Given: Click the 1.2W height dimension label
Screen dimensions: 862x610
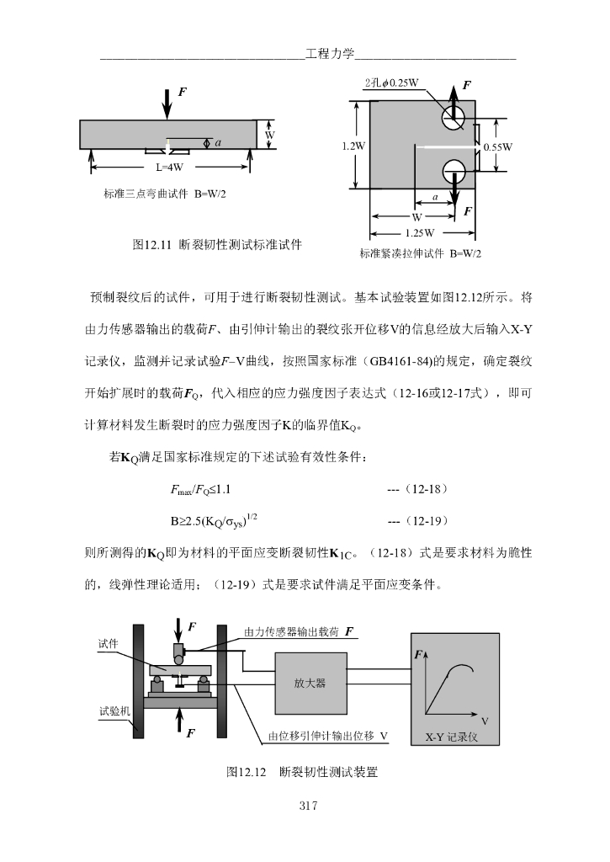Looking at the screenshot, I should [x=353, y=146].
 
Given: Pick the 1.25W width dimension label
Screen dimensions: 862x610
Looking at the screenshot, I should [x=419, y=232].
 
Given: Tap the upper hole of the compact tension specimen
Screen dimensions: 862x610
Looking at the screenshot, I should [x=451, y=120].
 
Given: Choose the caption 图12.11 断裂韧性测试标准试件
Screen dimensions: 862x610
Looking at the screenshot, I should [x=218, y=245].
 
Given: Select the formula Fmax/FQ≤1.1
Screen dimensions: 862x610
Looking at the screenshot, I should [x=200, y=489].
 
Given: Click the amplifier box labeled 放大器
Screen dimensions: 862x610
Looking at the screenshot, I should [x=310, y=683].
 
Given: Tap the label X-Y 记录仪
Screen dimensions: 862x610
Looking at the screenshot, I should [x=451, y=737].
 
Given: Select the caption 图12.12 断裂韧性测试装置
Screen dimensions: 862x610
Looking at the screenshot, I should [x=302, y=771].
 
